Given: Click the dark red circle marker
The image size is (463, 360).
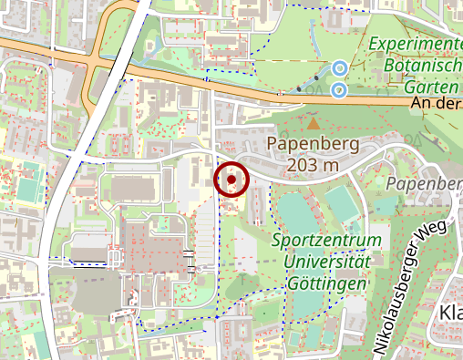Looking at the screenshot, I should coord(231,180).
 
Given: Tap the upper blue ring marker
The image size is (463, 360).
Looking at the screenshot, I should coord(339,67).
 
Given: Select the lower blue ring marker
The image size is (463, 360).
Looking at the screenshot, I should coord(338,89).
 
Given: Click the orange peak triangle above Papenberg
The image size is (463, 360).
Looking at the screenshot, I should coord(314,122).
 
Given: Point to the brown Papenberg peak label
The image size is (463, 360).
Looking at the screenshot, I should coord(313,144).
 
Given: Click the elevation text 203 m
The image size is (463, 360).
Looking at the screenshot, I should coord(313,165).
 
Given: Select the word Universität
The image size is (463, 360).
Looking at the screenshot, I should coord(325,262).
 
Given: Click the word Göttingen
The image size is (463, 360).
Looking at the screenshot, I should coord(325,283).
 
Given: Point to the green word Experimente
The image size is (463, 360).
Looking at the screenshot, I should coord(417,43).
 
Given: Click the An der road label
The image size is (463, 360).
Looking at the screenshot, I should coord(436,104).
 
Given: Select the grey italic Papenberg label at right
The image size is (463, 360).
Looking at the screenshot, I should coord(424,184).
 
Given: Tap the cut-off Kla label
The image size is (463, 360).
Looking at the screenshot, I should coord(449,314).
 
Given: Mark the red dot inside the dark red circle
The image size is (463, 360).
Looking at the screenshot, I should coord(231,180).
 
